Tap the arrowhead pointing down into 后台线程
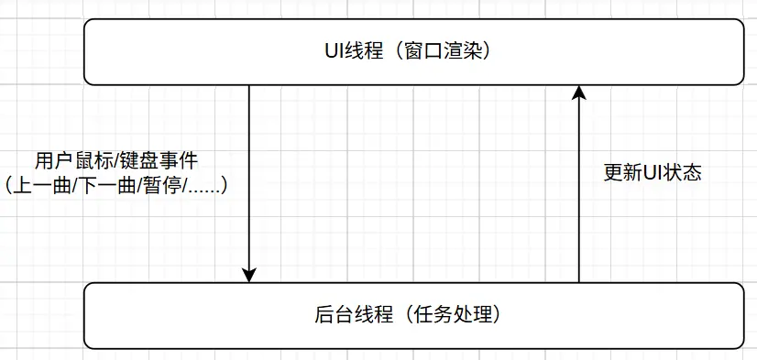(x=248, y=275)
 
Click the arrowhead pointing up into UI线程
(x=578, y=92)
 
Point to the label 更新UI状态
(x=653, y=172)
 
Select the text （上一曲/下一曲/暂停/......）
(x=116, y=185)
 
